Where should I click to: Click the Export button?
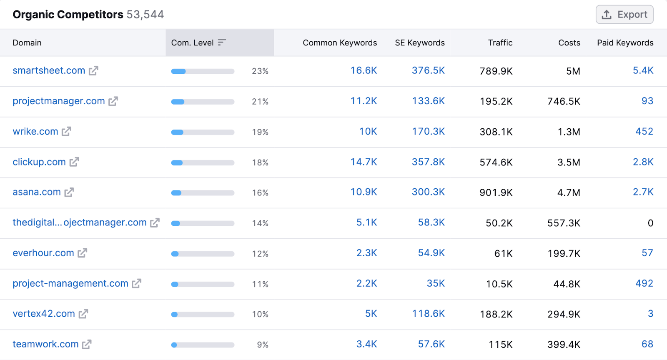pos(624,15)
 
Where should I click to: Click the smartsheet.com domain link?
pos(49,71)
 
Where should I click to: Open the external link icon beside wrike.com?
pos(66,132)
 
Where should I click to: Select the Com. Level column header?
pos(192,42)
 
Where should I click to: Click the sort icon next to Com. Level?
pos(222,42)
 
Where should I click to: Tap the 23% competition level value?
pos(260,71)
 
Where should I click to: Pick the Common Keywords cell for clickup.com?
pos(364,162)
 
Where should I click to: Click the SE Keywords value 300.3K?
pos(428,192)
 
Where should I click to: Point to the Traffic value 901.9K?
pos(496,192)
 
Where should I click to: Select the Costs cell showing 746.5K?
pos(564,102)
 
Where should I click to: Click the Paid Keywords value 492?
pos(644,283)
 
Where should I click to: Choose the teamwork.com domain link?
pos(45,344)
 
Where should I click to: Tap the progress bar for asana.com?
pos(203,193)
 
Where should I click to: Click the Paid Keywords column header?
pos(625,42)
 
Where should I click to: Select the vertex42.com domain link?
pos(44,314)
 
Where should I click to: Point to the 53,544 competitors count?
pos(145,15)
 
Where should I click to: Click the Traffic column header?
pos(500,42)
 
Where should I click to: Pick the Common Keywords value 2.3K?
pos(366,253)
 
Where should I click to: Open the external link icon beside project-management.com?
pos(137,284)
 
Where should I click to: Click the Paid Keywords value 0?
pos(650,223)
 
